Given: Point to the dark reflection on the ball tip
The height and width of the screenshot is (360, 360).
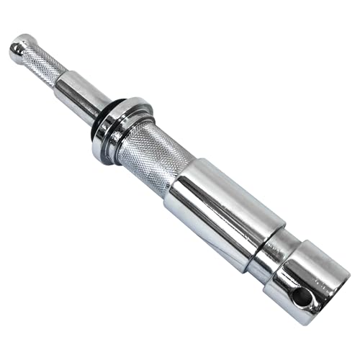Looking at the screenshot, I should (15, 50).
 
